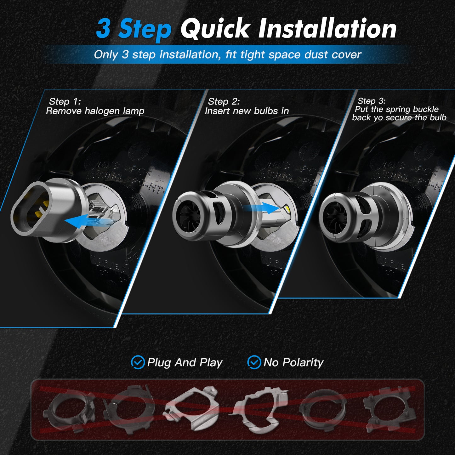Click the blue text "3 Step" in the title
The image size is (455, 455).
(134, 29)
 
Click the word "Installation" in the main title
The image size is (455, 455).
(327, 29)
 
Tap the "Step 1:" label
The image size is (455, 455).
(65, 101)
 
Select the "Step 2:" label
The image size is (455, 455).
(224, 101)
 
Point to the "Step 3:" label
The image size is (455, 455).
(371, 101)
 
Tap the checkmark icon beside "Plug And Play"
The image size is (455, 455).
(138, 362)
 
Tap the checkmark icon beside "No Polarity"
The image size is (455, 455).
(254, 362)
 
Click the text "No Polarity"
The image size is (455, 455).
(293, 362)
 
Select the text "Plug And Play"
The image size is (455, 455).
(185, 362)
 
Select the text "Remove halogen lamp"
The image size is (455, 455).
(95, 111)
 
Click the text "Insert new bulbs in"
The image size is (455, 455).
(247, 111)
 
